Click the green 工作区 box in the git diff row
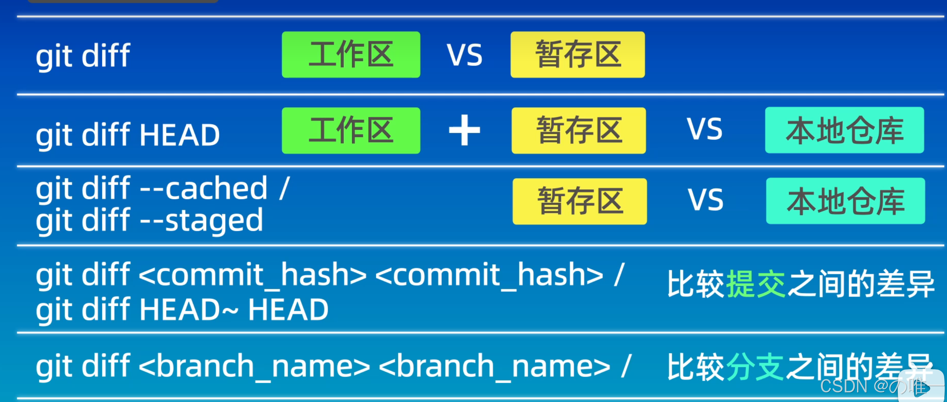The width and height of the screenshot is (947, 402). tap(351, 55)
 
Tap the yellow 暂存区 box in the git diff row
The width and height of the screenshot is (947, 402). tap(578, 55)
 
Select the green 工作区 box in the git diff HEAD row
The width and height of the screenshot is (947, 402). tap(351, 130)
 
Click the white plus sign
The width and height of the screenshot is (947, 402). tap(464, 130)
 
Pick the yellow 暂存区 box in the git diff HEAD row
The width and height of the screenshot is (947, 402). tap(578, 130)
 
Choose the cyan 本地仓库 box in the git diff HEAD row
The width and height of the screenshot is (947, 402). tap(844, 130)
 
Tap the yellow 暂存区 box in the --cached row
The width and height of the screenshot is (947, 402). tap(579, 201)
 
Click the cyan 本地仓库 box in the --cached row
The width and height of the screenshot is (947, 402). tap(845, 201)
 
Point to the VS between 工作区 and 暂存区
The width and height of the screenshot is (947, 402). tap(464, 55)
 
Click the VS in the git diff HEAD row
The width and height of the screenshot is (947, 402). tap(704, 129)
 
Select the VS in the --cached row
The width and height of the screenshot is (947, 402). tap(705, 200)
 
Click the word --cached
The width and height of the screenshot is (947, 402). tap(203, 188)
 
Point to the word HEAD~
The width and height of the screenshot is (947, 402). tap(189, 310)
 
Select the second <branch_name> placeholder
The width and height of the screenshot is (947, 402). tap(494, 366)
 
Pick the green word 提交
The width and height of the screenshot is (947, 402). tap(756, 284)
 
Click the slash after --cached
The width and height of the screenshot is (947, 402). tap(285, 188)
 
